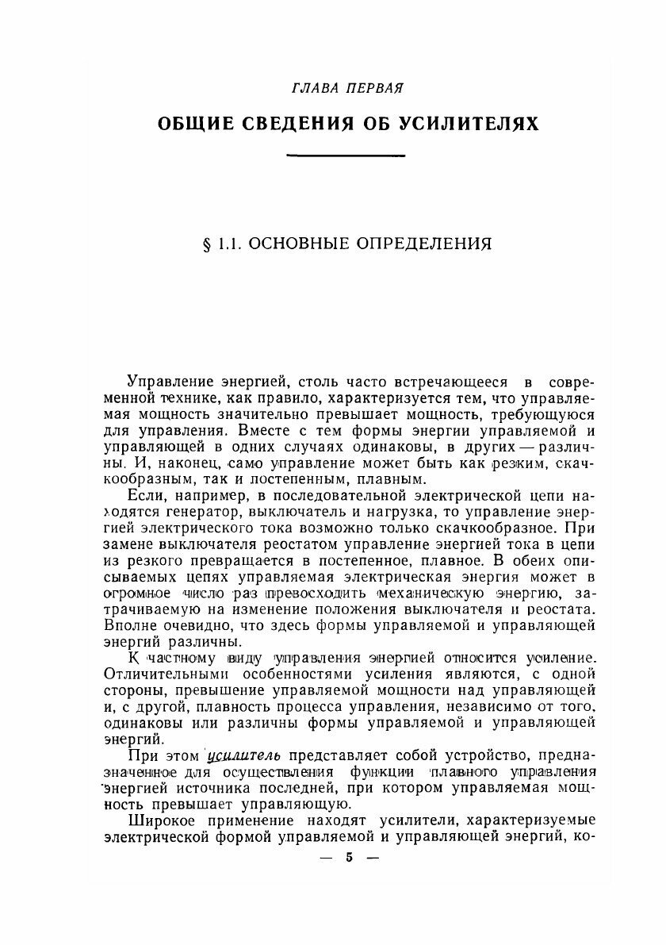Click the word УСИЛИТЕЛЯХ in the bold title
pyautogui.click(x=470, y=125)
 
